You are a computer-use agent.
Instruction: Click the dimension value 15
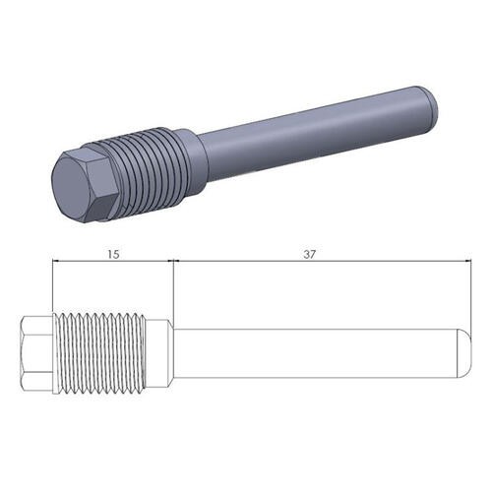(113, 254)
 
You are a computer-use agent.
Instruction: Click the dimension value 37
(311, 254)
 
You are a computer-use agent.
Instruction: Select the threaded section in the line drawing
(100, 351)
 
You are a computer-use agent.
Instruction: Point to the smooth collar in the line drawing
(160, 351)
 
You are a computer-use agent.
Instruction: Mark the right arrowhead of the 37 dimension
(463, 262)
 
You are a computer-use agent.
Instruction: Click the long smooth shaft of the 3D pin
(315, 128)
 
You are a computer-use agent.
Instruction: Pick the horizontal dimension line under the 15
(89, 262)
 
